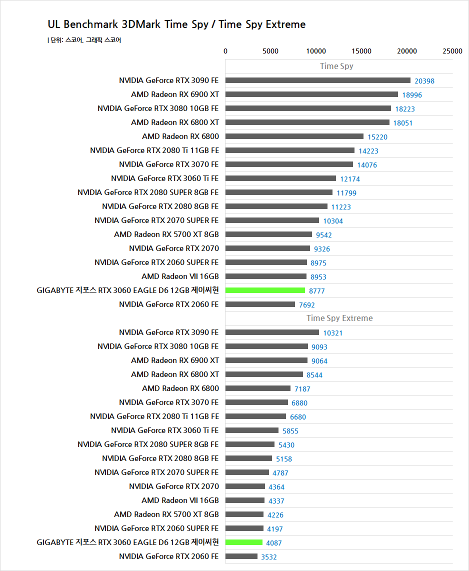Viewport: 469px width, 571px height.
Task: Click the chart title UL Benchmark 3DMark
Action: click(x=176, y=24)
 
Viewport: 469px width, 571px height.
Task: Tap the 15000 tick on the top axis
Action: click(x=361, y=51)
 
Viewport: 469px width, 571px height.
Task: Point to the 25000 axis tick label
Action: click(x=452, y=51)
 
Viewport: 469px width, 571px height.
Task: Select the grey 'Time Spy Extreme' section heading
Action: click(x=339, y=318)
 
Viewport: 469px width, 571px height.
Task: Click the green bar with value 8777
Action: click(x=265, y=290)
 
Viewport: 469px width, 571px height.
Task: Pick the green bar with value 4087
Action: click(x=244, y=542)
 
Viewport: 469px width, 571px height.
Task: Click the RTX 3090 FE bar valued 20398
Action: click(x=317, y=80)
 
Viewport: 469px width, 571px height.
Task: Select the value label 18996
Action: click(x=412, y=95)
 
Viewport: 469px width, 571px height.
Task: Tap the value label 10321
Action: click(x=333, y=333)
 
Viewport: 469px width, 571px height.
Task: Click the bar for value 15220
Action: click(x=294, y=136)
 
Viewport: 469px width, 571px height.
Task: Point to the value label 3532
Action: click(x=269, y=557)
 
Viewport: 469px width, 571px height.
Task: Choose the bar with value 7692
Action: click(x=260, y=304)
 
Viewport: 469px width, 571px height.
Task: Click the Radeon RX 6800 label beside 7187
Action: click(x=180, y=388)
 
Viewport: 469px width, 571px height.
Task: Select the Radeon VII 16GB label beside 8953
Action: click(x=180, y=276)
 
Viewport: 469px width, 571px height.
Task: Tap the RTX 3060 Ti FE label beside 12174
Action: click(x=165, y=178)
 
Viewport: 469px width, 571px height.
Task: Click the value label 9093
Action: click(x=319, y=347)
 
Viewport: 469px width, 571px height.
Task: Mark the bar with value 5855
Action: click(x=252, y=430)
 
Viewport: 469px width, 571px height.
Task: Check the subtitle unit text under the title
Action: click(x=84, y=40)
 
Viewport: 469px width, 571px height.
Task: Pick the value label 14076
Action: click(x=367, y=165)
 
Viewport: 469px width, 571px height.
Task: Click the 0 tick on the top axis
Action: click(x=225, y=51)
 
